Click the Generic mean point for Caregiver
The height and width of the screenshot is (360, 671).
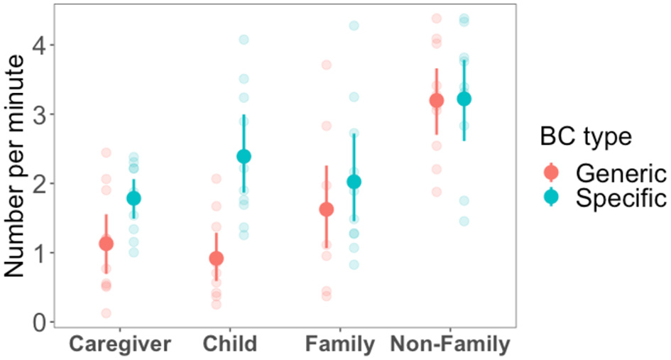106,244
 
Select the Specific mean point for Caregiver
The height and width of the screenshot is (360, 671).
133,198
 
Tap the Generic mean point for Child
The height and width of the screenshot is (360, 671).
216,258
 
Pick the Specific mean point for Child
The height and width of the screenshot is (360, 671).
244,156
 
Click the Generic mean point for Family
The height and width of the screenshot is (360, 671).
326,209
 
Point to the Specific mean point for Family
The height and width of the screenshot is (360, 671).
354,182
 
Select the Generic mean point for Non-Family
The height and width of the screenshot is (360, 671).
436,100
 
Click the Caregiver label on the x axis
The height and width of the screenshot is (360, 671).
119,345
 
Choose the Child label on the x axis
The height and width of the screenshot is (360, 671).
229,345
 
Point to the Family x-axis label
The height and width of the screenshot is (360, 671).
340,345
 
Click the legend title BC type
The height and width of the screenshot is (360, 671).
584,137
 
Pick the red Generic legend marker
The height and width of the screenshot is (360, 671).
552,173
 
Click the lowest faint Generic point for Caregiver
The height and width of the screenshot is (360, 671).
106,312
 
